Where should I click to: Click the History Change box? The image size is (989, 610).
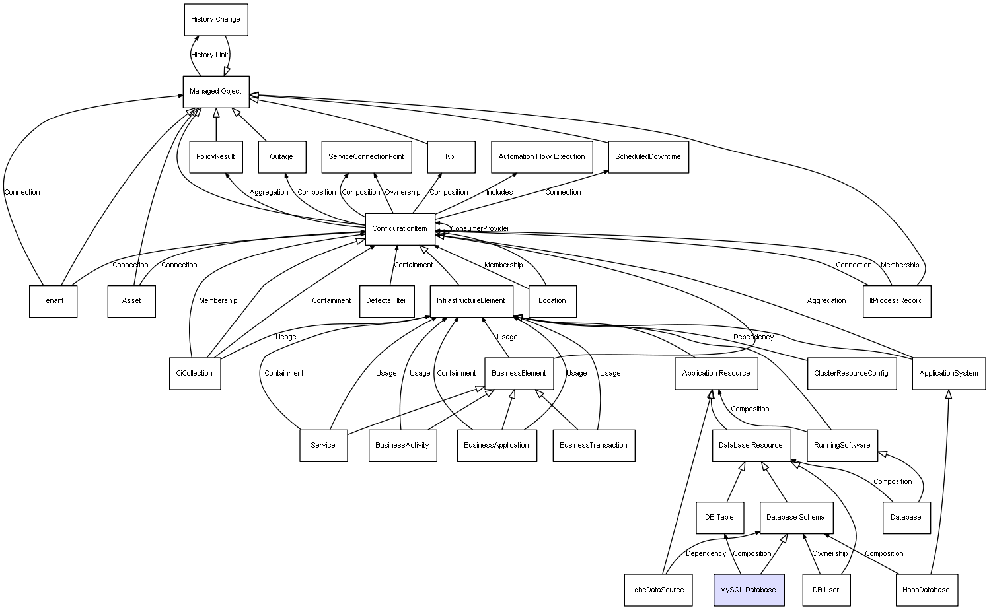tap(215, 20)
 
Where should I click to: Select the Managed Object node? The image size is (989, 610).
tap(215, 92)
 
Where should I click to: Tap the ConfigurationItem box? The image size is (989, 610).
tap(400, 229)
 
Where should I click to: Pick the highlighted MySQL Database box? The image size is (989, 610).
tap(748, 590)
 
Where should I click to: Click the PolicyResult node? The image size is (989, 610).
tap(215, 157)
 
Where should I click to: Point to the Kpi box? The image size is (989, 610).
tap(451, 157)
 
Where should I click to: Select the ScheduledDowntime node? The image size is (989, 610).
tap(647, 157)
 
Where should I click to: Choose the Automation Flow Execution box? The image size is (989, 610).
tap(541, 157)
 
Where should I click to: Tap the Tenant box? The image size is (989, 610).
tap(53, 301)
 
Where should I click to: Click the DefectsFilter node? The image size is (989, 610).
tap(386, 301)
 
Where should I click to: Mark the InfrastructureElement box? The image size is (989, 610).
tap(471, 301)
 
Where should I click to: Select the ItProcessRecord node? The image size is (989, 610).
tap(896, 301)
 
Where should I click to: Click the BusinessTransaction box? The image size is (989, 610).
tap(593, 446)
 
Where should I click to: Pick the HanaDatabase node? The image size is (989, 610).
tap(926, 590)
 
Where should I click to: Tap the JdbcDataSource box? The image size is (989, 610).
tap(657, 590)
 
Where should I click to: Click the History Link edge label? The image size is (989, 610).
tap(209, 55)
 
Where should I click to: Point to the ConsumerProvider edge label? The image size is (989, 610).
tap(480, 229)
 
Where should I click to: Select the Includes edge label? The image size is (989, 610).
tap(499, 193)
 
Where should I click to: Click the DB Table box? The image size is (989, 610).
tap(719, 518)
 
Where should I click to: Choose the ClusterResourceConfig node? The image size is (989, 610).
tap(851, 374)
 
